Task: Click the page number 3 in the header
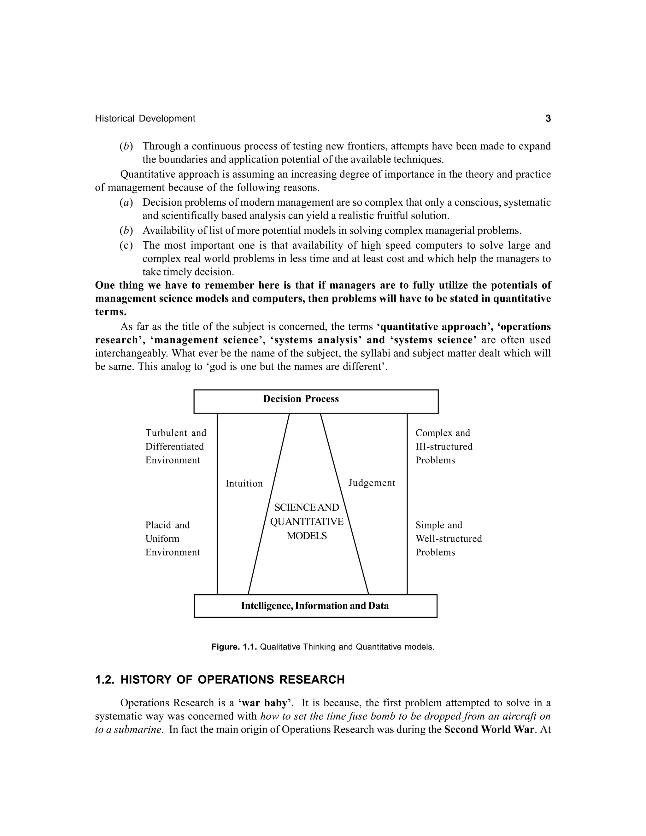(x=548, y=119)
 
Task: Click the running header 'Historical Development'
(x=145, y=119)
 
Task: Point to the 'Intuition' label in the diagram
(x=244, y=483)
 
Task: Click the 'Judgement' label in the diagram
(x=372, y=483)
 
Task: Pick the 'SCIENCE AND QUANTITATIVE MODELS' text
(x=307, y=522)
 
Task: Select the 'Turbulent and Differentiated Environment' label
(x=175, y=446)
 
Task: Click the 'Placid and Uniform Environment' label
(x=172, y=539)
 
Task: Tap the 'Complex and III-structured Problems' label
(x=443, y=446)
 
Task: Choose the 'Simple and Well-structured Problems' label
(x=448, y=539)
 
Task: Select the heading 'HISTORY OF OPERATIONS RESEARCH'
(x=232, y=680)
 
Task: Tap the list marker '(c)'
(x=126, y=245)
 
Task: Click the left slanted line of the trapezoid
(x=269, y=504)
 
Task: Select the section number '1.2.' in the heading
(x=105, y=680)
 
